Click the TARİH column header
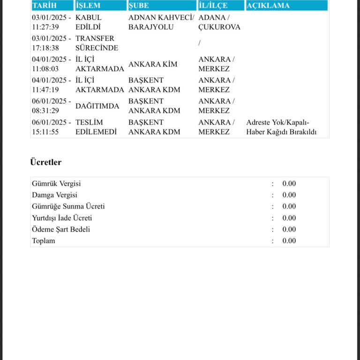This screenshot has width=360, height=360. tap(44, 6)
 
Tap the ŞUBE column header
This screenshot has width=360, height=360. tap(139, 6)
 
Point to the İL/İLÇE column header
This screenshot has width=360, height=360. tap(213, 6)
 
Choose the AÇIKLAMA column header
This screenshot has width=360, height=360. tap(268, 6)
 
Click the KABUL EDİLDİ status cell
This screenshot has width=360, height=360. tap(88, 22)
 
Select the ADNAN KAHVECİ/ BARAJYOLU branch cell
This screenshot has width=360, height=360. tap(161, 22)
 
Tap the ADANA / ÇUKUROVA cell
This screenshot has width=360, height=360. tap(219, 22)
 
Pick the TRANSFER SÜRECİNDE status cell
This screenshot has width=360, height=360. tap(97, 43)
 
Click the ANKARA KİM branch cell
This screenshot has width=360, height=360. tap(153, 64)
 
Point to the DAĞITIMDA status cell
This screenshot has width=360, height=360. tap(97, 106)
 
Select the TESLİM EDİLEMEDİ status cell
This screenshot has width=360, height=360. tap(96, 127)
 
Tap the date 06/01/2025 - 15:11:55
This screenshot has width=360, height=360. tap(52, 127)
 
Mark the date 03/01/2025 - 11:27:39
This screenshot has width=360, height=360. tap(52, 22)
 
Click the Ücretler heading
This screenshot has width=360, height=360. tap(46, 162)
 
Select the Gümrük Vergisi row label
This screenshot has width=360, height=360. tap(56, 184)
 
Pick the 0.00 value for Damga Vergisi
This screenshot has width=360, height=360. tap(289, 195)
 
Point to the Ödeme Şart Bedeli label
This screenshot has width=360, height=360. tap(61, 229)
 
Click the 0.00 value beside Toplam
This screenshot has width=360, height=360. tap(289, 241)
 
